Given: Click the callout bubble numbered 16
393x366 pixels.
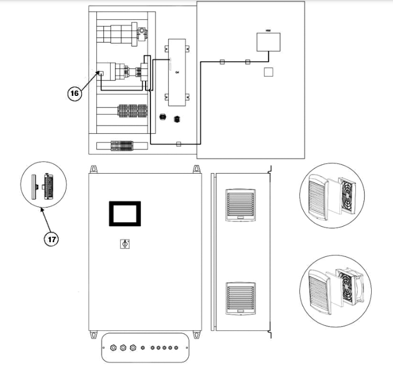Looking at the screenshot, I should click(x=74, y=94).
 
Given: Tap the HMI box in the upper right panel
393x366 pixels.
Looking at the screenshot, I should click(x=268, y=42).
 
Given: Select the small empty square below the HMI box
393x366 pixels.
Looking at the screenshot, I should click(x=268, y=72).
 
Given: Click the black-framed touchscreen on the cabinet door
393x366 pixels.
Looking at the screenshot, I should click(x=125, y=213).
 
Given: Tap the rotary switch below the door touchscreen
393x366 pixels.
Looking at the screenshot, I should click(x=124, y=244).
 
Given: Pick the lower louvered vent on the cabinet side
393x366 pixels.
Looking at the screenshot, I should click(x=240, y=299).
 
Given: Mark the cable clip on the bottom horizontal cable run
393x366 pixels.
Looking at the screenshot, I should click(x=178, y=144).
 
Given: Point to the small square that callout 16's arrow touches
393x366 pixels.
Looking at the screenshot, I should click(x=101, y=72).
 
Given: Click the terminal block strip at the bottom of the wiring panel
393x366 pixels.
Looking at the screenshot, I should click(x=123, y=146).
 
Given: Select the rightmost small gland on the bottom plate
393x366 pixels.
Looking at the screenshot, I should click(x=177, y=347).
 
